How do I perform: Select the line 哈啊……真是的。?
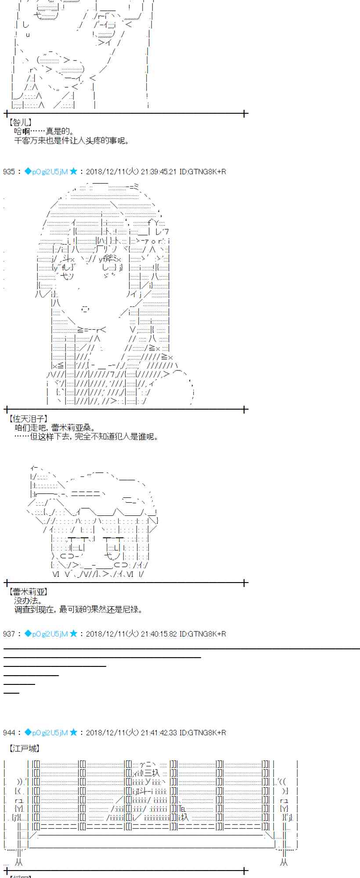click(44, 131)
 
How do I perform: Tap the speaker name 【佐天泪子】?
click(27, 419)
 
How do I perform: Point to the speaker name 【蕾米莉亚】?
click(27, 592)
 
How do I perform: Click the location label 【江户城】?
click(24, 748)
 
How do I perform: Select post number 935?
click(9, 172)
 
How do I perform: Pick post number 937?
click(9, 634)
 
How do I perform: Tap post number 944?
click(9, 733)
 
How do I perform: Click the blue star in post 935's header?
click(73, 171)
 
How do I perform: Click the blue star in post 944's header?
click(73, 732)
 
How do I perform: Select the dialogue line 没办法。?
click(29, 601)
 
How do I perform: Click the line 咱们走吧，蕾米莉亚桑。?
click(55, 428)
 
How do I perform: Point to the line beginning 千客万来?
click(72, 140)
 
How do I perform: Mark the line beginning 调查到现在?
click(78, 609)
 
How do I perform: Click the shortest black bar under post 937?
click(11, 693)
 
